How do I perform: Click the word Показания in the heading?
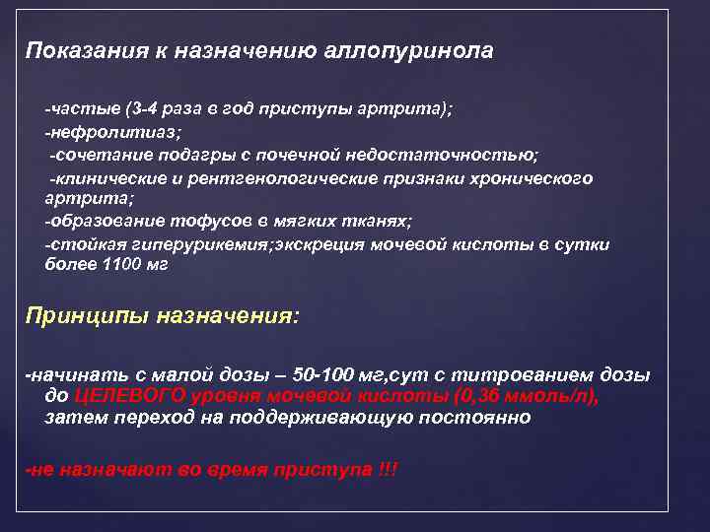(72, 50)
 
